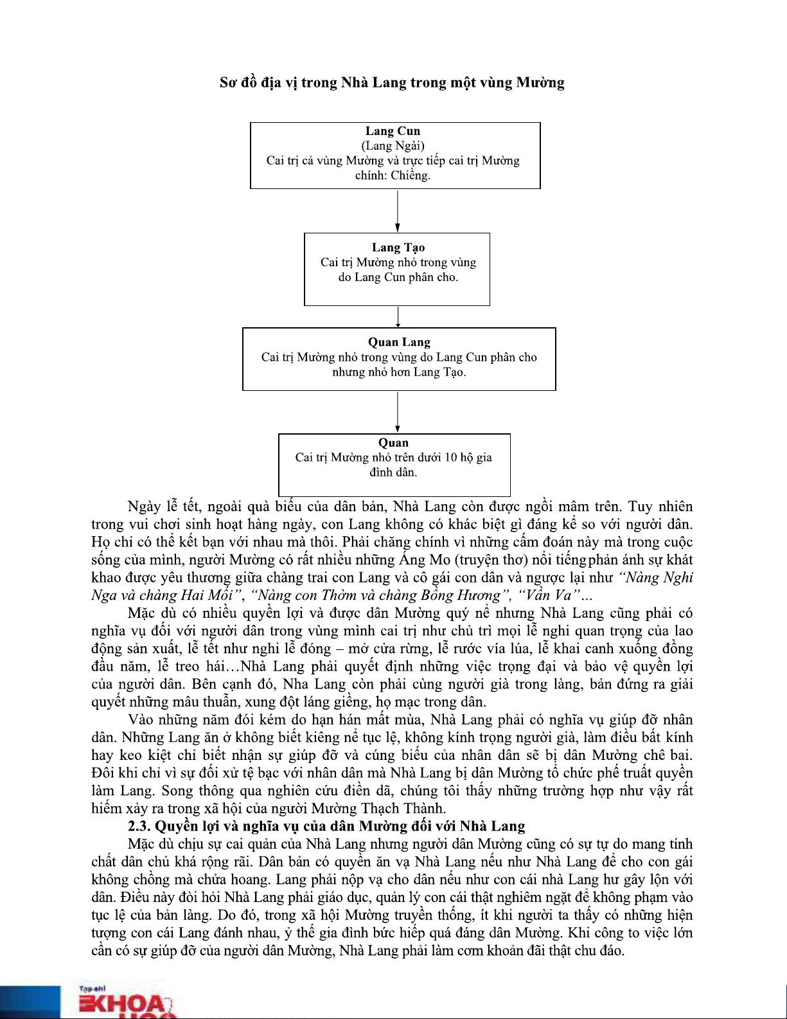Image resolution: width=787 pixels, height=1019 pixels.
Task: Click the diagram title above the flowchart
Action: (x=392, y=82)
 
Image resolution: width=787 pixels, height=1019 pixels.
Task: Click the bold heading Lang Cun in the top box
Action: (x=393, y=131)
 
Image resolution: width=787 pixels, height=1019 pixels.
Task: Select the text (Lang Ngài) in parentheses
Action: (x=393, y=146)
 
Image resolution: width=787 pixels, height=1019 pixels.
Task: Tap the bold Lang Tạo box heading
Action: (x=398, y=248)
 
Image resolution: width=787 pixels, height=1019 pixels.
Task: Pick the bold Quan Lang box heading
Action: (x=399, y=342)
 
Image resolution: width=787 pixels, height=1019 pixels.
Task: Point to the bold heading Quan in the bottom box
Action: (x=393, y=442)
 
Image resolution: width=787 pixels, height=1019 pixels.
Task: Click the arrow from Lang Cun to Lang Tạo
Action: (x=398, y=210)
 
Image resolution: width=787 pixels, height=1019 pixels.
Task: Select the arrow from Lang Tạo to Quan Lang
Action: (x=398, y=316)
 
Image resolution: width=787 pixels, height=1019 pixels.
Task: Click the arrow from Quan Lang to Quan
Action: (x=398, y=411)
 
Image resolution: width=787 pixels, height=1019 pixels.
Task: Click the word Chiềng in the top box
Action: (x=411, y=176)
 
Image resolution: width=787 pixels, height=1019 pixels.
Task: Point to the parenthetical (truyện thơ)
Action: (x=491, y=560)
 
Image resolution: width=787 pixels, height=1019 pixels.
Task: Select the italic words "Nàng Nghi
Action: (x=656, y=577)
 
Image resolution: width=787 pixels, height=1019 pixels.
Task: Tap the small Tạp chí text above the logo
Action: (x=92, y=989)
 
